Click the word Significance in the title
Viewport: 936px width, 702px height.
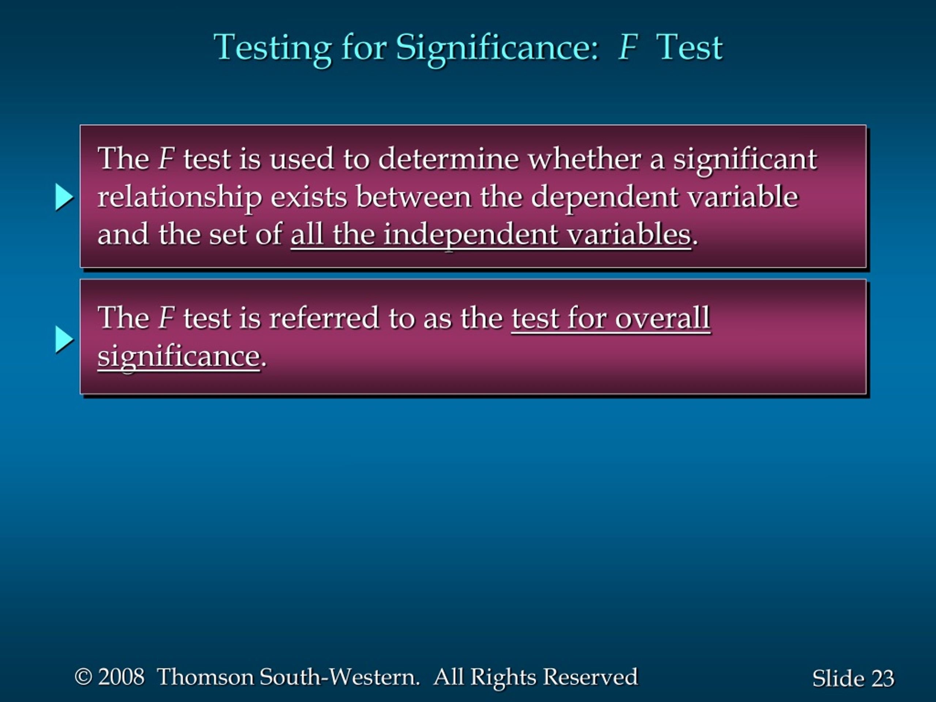(x=497, y=49)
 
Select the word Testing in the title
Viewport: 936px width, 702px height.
(x=272, y=49)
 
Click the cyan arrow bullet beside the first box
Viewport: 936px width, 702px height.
(x=64, y=197)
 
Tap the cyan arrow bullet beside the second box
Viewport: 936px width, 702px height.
(x=64, y=339)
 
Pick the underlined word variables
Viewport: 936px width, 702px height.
(x=629, y=234)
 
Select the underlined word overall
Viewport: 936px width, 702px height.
(x=663, y=318)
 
